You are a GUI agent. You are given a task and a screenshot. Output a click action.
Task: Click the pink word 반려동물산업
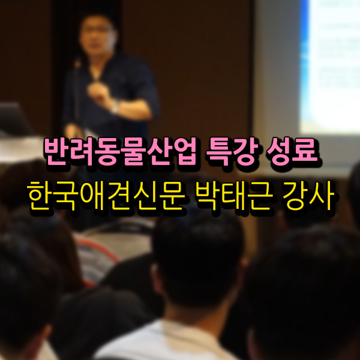point(121,151)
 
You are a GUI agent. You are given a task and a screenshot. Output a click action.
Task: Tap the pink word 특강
point(232,151)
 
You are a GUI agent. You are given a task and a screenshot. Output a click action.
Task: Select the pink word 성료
point(292,151)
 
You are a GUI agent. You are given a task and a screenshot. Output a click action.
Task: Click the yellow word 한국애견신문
point(106,196)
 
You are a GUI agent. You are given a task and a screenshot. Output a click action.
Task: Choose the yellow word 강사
point(308,196)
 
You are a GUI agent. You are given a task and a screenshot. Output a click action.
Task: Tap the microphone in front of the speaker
point(77,62)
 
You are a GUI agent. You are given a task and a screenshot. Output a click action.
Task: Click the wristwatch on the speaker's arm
point(115,107)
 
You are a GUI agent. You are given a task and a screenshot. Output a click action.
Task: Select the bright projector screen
point(331,67)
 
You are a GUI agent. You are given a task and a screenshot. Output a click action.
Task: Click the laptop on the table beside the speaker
point(14,119)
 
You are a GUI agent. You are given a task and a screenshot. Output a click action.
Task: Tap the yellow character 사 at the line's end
point(322,196)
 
